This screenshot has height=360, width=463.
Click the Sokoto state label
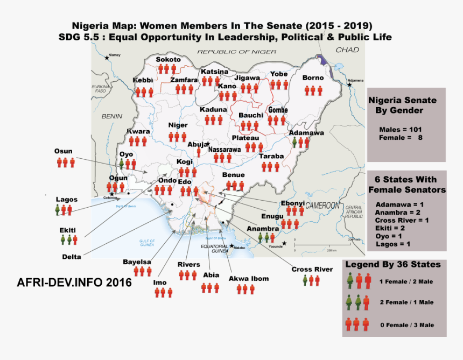click(168, 59)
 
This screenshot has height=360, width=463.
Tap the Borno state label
click(313, 78)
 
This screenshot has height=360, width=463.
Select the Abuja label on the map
click(197, 144)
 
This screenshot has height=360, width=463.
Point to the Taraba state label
click(271, 157)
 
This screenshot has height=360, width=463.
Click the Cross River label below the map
click(312, 269)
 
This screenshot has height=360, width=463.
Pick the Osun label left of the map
click(63, 151)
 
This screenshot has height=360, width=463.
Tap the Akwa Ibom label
click(248, 278)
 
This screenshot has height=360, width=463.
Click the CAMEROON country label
click(322, 206)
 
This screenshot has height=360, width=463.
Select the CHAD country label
click(347, 50)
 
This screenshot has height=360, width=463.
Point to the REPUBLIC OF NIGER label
click(236, 52)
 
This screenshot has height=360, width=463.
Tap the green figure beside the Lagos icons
click(57, 209)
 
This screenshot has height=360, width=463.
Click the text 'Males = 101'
click(400, 129)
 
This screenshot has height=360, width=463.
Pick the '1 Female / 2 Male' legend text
click(406, 281)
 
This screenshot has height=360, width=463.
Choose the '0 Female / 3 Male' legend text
click(406, 324)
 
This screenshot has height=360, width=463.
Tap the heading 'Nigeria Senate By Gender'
click(402, 105)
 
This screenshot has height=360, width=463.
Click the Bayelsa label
click(137, 262)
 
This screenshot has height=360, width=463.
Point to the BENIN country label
click(112, 116)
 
